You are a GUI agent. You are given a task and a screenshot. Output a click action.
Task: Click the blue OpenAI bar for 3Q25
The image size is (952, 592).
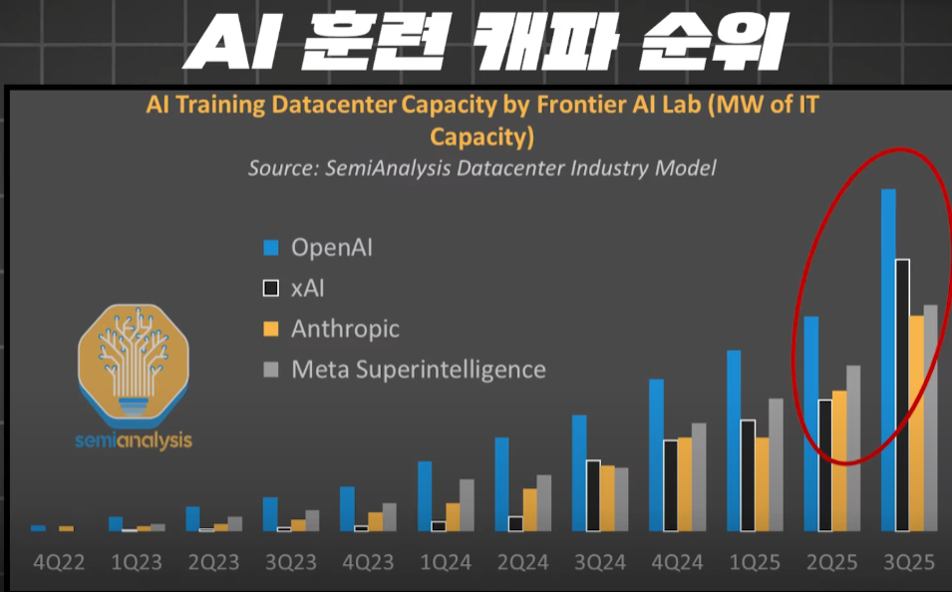(x=888, y=360)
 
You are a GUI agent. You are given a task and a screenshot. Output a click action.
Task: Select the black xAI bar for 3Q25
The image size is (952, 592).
(x=902, y=396)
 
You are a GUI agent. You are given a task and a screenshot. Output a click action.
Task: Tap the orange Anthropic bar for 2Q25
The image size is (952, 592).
(x=839, y=460)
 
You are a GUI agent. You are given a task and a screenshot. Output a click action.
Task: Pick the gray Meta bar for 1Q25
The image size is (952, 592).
(x=776, y=465)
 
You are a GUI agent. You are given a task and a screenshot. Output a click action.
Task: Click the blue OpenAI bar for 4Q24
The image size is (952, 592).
(x=656, y=455)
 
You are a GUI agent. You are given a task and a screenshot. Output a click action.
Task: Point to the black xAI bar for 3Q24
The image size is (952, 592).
(x=593, y=495)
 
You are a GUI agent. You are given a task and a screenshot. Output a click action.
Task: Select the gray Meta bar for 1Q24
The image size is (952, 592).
(x=467, y=505)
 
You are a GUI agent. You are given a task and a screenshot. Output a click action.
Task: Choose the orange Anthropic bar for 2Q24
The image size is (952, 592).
(x=530, y=510)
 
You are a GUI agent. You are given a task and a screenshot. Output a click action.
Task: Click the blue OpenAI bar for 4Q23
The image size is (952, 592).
(x=347, y=509)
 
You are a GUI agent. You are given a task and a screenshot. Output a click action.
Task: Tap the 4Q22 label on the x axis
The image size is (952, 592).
(x=59, y=562)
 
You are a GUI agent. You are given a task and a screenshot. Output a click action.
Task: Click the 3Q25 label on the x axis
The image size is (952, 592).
(x=909, y=562)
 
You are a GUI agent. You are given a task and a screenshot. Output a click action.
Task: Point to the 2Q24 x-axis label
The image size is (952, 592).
(x=522, y=562)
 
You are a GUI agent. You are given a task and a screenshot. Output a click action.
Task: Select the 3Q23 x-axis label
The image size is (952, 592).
(x=291, y=562)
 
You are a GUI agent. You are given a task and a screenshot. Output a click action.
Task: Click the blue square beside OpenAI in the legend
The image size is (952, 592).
(x=271, y=248)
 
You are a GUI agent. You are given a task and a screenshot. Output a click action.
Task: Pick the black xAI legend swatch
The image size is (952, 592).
(x=271, y=288)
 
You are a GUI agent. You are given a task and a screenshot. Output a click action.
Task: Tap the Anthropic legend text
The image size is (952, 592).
(x=345, y=329)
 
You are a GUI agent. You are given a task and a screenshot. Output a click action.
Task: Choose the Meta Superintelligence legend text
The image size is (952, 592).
(x=419, y=369)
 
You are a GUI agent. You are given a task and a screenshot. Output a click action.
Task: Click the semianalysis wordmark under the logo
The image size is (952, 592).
(x=134, y=441)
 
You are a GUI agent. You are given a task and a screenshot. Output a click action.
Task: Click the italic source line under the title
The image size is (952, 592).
(x=482, y=168)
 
